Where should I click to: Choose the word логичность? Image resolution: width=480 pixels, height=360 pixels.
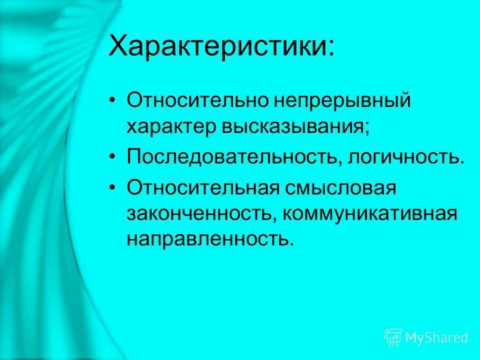pyautogui.click(x=405, y=157)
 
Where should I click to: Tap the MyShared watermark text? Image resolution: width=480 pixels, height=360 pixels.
pyautogui.click(x=437, y=337)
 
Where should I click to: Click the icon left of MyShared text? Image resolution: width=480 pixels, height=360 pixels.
pyautogui.click(x=393, y=337)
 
